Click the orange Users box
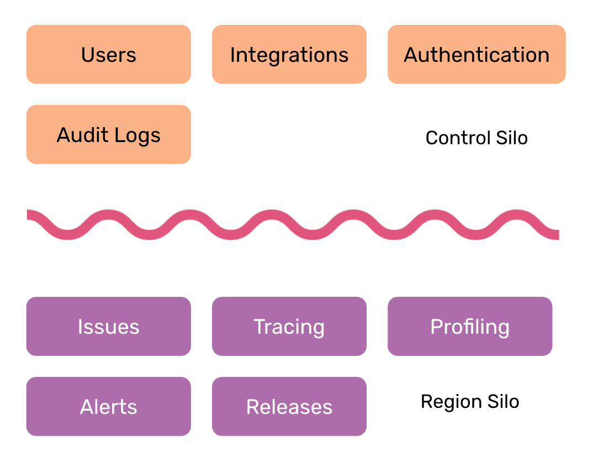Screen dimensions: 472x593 tap(108, 55)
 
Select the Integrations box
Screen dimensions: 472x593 tap(289, 55)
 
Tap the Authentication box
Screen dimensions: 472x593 tap(476, 55)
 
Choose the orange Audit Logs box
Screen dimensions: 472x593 tap(108, 135)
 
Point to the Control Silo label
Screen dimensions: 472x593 tap(476, 138)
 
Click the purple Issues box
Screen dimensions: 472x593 tap(108, 327)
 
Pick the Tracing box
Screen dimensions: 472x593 tap(289, 327)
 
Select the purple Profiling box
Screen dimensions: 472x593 tap(469, 327)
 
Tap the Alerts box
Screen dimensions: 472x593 tap(108, 407)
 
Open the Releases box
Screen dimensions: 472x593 tap(289, 407)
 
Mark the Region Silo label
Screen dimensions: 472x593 tap(469, 401)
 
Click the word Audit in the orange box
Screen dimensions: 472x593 tap(83, 135)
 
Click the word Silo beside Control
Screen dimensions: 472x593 tap(511, 138)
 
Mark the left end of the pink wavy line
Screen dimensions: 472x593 tap(29, 214)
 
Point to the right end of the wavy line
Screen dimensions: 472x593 tap(557, 234)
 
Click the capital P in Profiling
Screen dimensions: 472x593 tap(436, 327)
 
